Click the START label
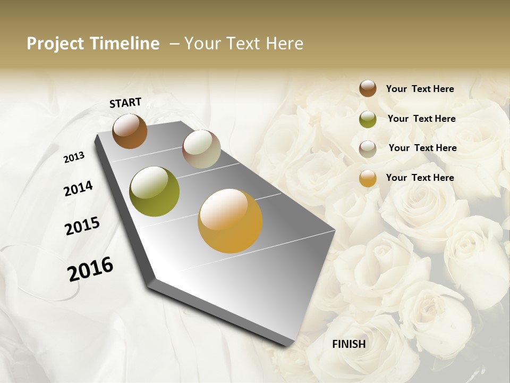(125, 103)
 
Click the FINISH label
(348, 344)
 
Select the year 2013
(74, 157)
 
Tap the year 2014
(78, 188)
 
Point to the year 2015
(82, 226)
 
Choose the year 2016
(90, 269)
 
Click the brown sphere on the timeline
(130, 131)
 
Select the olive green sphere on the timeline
(154, 191)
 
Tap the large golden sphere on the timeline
(230, 221)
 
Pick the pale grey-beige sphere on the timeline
(201, 149)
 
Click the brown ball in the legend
(368, 88)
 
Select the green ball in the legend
(368, 119)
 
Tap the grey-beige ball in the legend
(368, 149)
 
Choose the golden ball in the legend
(368, 178)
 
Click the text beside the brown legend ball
(420, 89)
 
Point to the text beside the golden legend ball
(420, 178)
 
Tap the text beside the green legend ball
(421, 119)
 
